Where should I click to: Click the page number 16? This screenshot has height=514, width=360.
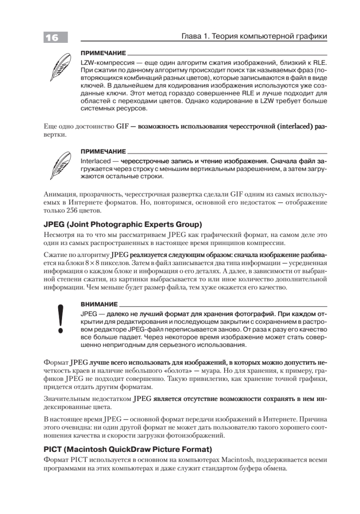pyautogui.click(x=52, y=38)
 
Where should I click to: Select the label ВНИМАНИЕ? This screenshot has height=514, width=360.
pyautogui.click(x=99, y=304)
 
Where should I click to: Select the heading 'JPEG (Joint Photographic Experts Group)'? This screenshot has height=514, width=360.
pyautogui.click(x=123, y=224)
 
